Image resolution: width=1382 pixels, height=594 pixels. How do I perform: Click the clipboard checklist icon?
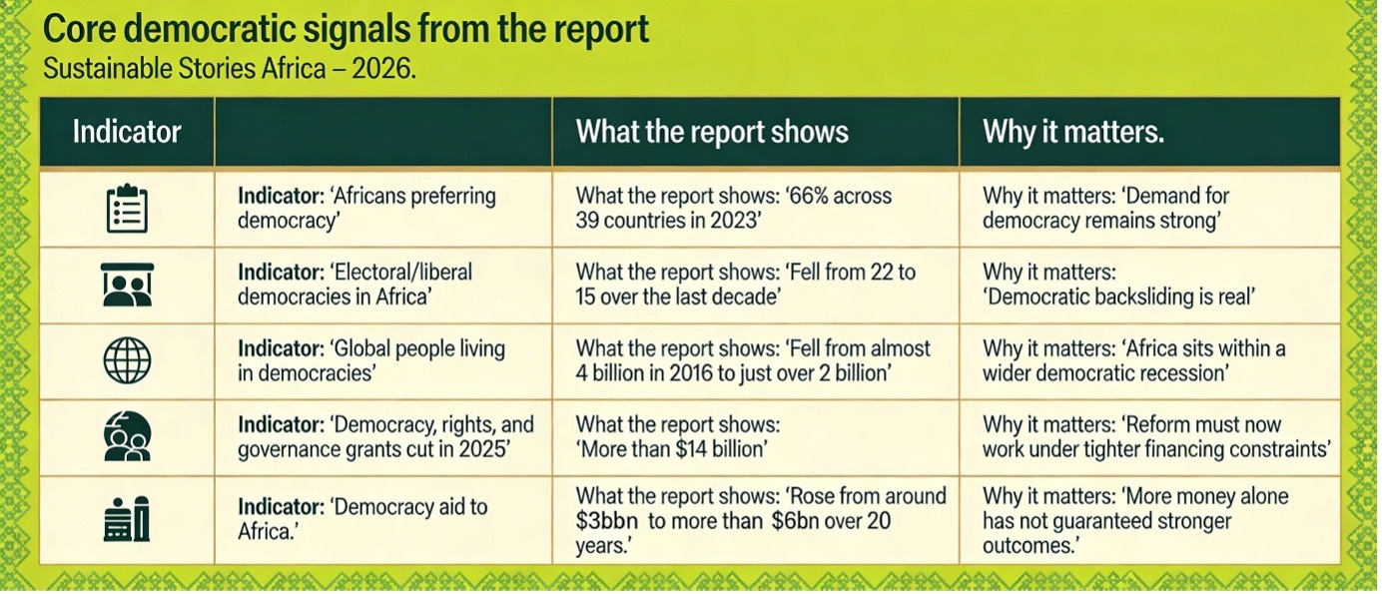click(x=127, y=209)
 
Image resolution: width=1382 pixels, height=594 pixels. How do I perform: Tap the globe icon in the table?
click(x=127, y=359)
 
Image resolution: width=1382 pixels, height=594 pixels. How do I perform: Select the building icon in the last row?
click(x=127, y=519)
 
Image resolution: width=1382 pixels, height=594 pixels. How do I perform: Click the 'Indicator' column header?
click(x=127, y=131)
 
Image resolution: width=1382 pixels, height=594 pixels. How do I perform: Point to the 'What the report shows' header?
click(x=712, y=131)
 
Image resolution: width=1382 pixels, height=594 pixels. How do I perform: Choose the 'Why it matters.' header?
click(x=1073, y=131)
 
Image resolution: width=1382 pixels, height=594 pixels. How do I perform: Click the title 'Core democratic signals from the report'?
click(x=345, y=29)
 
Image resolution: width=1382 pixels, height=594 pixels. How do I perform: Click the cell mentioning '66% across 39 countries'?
click(x=734, y=208)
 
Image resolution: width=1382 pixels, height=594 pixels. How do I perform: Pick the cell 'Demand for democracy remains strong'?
click(x=1105, y=208)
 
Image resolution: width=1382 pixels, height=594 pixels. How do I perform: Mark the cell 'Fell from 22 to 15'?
click(x=746, y=284)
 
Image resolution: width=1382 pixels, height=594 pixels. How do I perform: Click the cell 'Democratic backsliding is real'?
click(x=1118, y=284)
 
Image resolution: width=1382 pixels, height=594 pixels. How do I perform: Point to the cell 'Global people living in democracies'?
click(x=371, y=360)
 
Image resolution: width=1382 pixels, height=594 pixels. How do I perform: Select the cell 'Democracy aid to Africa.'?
click(x=362, y=518)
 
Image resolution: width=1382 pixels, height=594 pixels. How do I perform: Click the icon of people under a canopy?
click(x=127, y=284)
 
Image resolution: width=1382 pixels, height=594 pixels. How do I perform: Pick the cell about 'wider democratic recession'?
click(x=1134, y=360)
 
